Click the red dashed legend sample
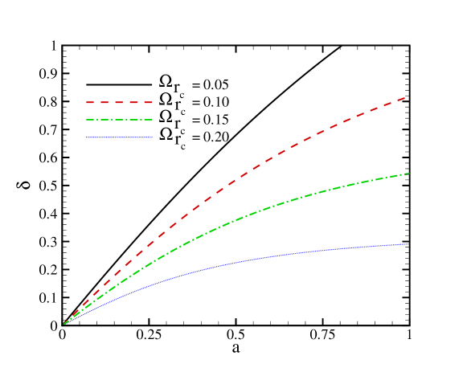119,103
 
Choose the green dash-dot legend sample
119,120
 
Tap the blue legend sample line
119,137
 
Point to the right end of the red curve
404,98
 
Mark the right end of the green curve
409,174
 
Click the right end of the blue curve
408,243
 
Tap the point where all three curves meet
63,324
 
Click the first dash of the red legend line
90,103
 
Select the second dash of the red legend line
104,103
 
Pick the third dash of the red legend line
119,103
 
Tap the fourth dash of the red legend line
133,103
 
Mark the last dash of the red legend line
147,103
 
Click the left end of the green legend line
87,120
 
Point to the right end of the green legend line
152,120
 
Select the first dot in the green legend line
100,120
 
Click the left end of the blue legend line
87,137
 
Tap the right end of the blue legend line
152,137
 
